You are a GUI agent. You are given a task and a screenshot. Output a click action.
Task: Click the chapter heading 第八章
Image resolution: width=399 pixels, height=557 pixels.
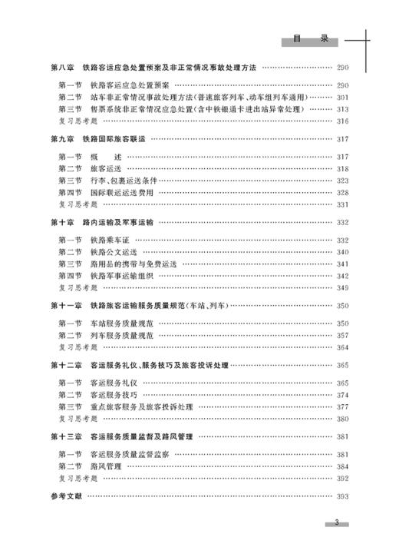click(61, 68)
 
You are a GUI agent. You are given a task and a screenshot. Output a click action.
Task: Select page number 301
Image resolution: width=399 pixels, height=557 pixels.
click(342, 98)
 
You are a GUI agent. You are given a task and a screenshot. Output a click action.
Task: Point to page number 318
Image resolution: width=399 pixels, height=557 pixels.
click(342, 169)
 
